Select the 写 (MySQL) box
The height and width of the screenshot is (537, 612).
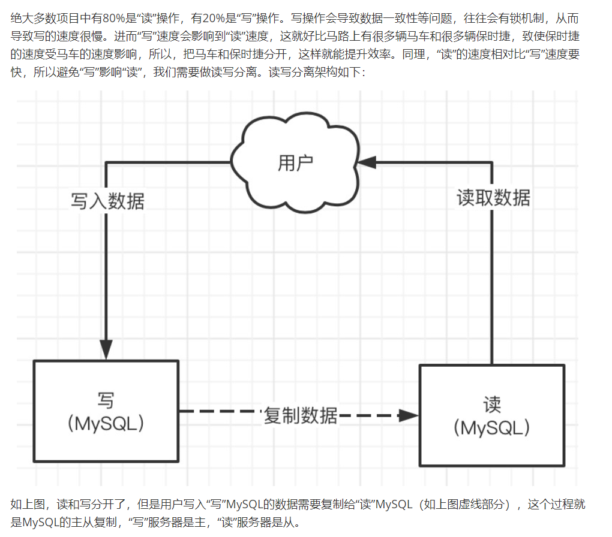(106, 411)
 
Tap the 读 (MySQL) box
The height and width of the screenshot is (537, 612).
(491, 415)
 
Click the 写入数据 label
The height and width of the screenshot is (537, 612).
(108, 201)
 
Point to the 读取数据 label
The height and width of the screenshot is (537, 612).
(493, 198)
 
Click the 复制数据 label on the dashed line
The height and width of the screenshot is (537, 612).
(301, 415)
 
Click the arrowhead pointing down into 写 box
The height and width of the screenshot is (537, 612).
(106, 349)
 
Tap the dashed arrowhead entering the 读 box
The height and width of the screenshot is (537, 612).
(409, 415)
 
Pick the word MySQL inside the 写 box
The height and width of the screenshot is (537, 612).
(106, 423)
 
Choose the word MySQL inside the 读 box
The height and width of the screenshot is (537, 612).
(491, 427)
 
